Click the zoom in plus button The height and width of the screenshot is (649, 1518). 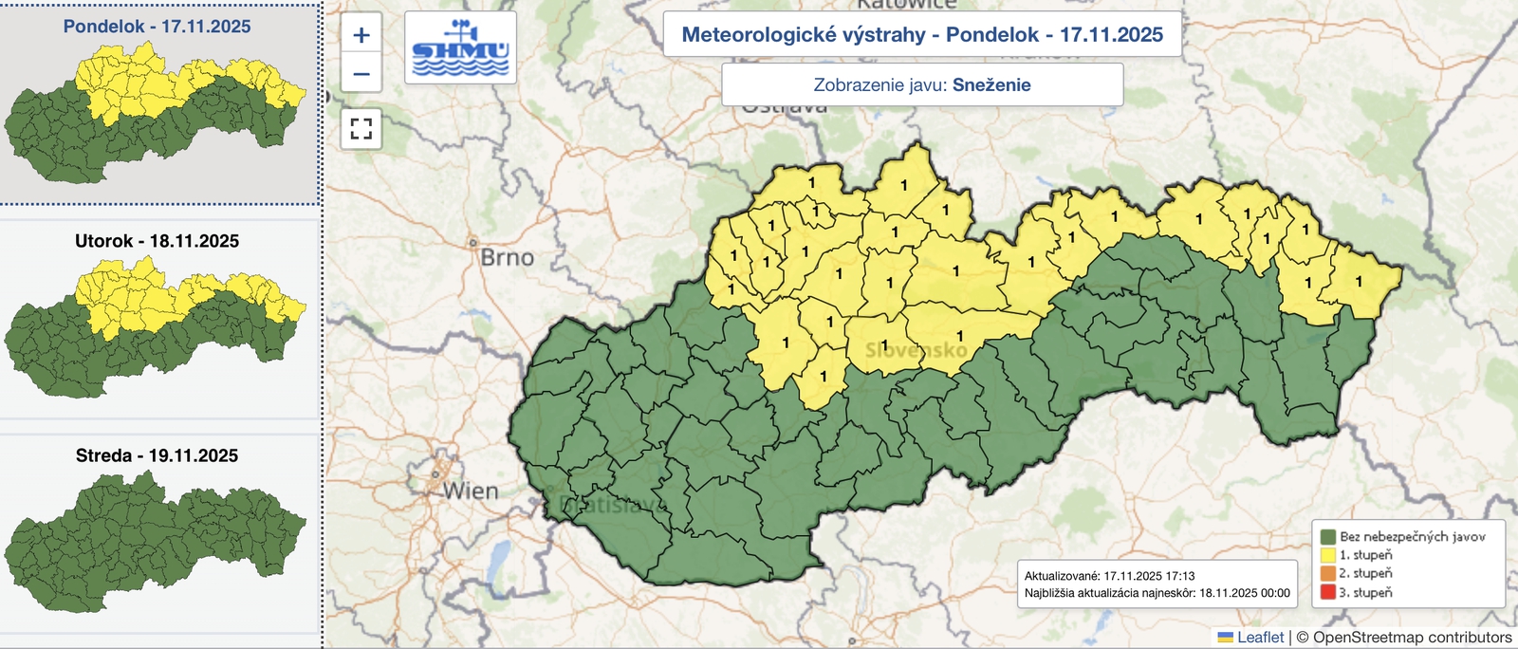[x=361, y=36]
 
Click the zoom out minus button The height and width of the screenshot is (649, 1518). [x=361, y=74]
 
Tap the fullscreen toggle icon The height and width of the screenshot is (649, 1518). [x=361, y=128]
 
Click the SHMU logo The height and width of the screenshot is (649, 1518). [x=460, y=48]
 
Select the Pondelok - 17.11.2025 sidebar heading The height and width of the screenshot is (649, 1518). [x=157, y=27]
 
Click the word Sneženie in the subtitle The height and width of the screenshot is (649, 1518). [x=991, y=85]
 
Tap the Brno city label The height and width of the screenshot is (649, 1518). [x=507, y=258]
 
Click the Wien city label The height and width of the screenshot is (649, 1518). [x=471, y=491]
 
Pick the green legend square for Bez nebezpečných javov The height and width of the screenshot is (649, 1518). [x=1327, y=537]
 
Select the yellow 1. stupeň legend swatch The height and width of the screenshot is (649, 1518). [x=1327, y=555]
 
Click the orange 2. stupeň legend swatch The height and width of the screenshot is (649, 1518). [x=1327, y=573]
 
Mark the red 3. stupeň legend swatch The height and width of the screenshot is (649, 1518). [x=1327, y=592]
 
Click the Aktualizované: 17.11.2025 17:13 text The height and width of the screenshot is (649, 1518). [x=1109, y=576]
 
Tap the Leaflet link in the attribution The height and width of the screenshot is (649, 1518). [x=1260, y=638]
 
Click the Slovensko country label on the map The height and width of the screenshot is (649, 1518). [x=916, y=351]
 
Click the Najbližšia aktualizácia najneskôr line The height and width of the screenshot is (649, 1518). [x=1157, y=593]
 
